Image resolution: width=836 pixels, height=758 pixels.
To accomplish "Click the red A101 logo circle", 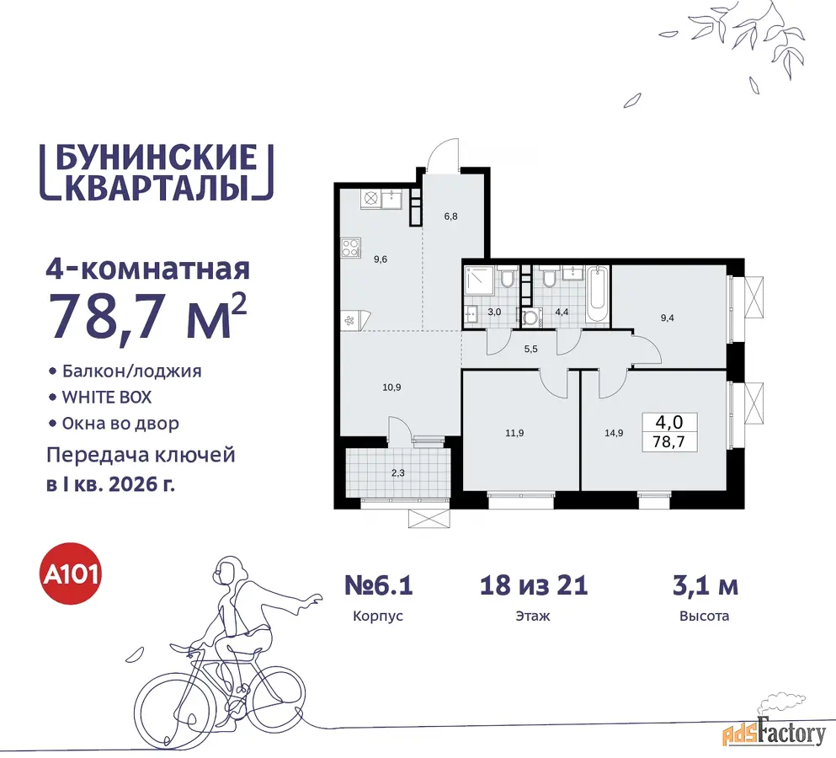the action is (x=72, y=574).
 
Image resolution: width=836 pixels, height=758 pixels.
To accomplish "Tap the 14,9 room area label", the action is (x=614, y=433).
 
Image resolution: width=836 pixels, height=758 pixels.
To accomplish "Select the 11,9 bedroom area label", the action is (x=514, y=433).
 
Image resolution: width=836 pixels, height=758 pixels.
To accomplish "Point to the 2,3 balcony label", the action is (x=397, y=472).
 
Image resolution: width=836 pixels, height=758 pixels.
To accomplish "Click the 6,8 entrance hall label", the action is (x=450, y=216).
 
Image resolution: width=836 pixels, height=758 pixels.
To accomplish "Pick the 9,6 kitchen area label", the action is (x=381, y=259).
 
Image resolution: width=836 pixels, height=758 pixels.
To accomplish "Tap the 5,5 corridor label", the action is (x=530, y=350).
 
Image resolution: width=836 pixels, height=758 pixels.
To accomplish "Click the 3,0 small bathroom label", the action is (x=494, y=312).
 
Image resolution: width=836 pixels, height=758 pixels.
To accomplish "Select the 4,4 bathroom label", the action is (x=562, y=312).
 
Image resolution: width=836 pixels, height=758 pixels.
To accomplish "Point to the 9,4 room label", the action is (x=667, y=318).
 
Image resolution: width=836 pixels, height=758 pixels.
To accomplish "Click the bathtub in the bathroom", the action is (x=597, y=294).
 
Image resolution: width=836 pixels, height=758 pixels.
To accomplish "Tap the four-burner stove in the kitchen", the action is (x=351, y=248).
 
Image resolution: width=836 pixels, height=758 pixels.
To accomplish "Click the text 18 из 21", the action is (x=534, y=585).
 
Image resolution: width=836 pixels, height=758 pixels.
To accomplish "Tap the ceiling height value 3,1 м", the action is (x=706, y=585).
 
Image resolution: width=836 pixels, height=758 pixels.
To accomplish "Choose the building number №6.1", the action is (x=379, y=585).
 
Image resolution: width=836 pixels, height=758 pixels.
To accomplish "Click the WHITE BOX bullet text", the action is (x=107, y=398).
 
